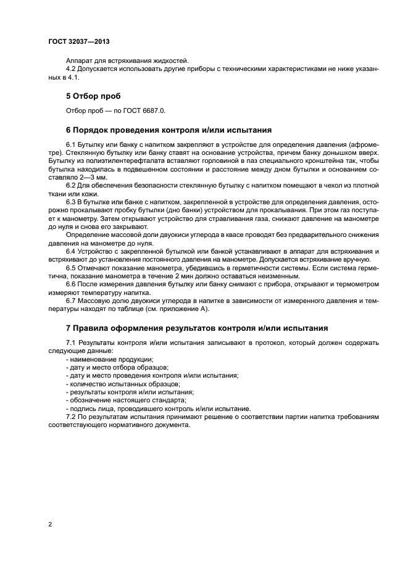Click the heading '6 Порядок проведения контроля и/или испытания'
169,131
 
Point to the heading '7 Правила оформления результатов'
196,327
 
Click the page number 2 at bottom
49,525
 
